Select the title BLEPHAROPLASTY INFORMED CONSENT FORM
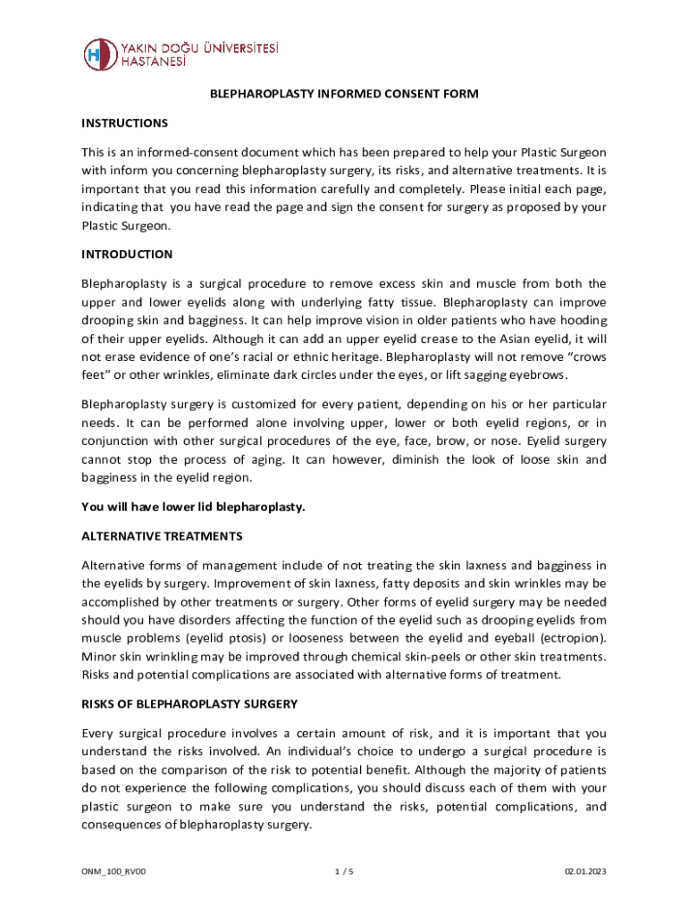344,93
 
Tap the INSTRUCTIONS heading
124,122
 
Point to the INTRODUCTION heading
127,255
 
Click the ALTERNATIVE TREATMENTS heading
162,536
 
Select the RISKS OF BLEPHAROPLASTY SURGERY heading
189,704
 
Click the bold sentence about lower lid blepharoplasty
194,508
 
